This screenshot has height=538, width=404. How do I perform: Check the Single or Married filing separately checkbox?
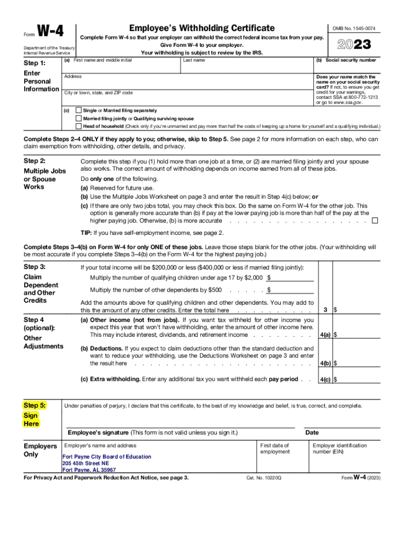pyautogui.click(x=79, y=111)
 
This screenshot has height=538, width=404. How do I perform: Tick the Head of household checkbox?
pyautogui.click(x=79, y=127)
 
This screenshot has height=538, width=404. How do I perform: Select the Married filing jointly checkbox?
pyautogui.click(x=79, y=119)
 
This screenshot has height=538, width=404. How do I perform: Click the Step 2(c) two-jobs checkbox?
pyautogui.click(x=375, y=221)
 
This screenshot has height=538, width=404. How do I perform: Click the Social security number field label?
pyautogui.click(x=346, y=60)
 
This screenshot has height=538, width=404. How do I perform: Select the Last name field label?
pyautogui.click(x=194, y=60)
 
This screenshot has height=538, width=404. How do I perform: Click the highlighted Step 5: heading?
pyautogui.click(x=35, y=405)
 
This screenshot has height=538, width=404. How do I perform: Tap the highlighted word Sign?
pyautogui.click(x=31, y=415)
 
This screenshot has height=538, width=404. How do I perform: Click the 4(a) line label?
pyautogui.click(x=325, y=335)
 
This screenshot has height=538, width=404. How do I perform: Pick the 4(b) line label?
pyautogui.click(x=325, y=363)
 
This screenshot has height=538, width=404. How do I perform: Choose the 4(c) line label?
pyautogui.click(x=325, y=379)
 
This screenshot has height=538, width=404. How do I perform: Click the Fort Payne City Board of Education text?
pyautogui.click(x=107, y=457)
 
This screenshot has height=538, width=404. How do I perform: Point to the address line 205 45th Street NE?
pyautogui.click(x=86, y=463)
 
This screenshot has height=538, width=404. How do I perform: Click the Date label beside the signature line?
pyautogui.click(x=312, y=432)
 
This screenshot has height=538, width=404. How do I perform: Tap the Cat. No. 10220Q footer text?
pyautogui.click(x=263, y=478)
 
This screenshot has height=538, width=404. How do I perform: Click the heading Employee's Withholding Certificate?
pyautogui.click(x=202, y=28)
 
